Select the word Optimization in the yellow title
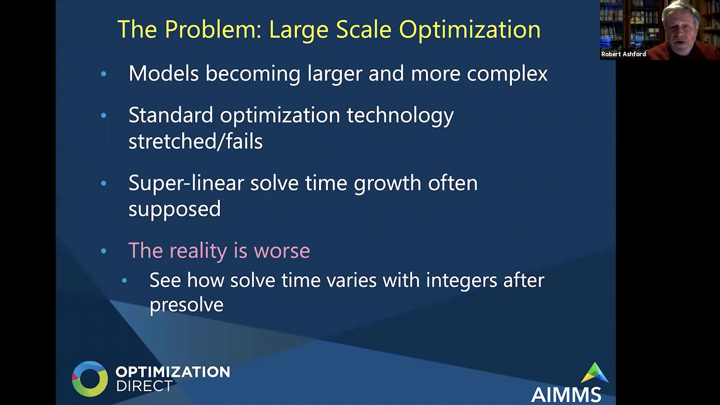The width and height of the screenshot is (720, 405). (x=470, y=30)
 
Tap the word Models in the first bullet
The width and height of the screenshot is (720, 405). (x=163, y=73)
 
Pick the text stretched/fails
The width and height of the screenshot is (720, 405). (x=195, y=141)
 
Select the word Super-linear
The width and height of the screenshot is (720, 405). (x=186, y=184)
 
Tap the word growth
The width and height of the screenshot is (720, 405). (x=388, y=184)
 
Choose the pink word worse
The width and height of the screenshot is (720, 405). (x=282, y=251)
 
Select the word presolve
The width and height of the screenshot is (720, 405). (x=186, y=305)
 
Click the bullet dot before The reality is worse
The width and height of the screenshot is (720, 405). (x=103, y=251)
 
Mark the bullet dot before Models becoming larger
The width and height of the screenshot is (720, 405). (x=103, y=74)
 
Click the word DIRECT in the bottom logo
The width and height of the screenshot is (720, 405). (x=145, y=386)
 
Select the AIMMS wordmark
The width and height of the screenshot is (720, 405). (x=566, y=394)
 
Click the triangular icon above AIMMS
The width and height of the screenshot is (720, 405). (x=595, y=373)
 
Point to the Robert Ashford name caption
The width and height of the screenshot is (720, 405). (x=624, y=55)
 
